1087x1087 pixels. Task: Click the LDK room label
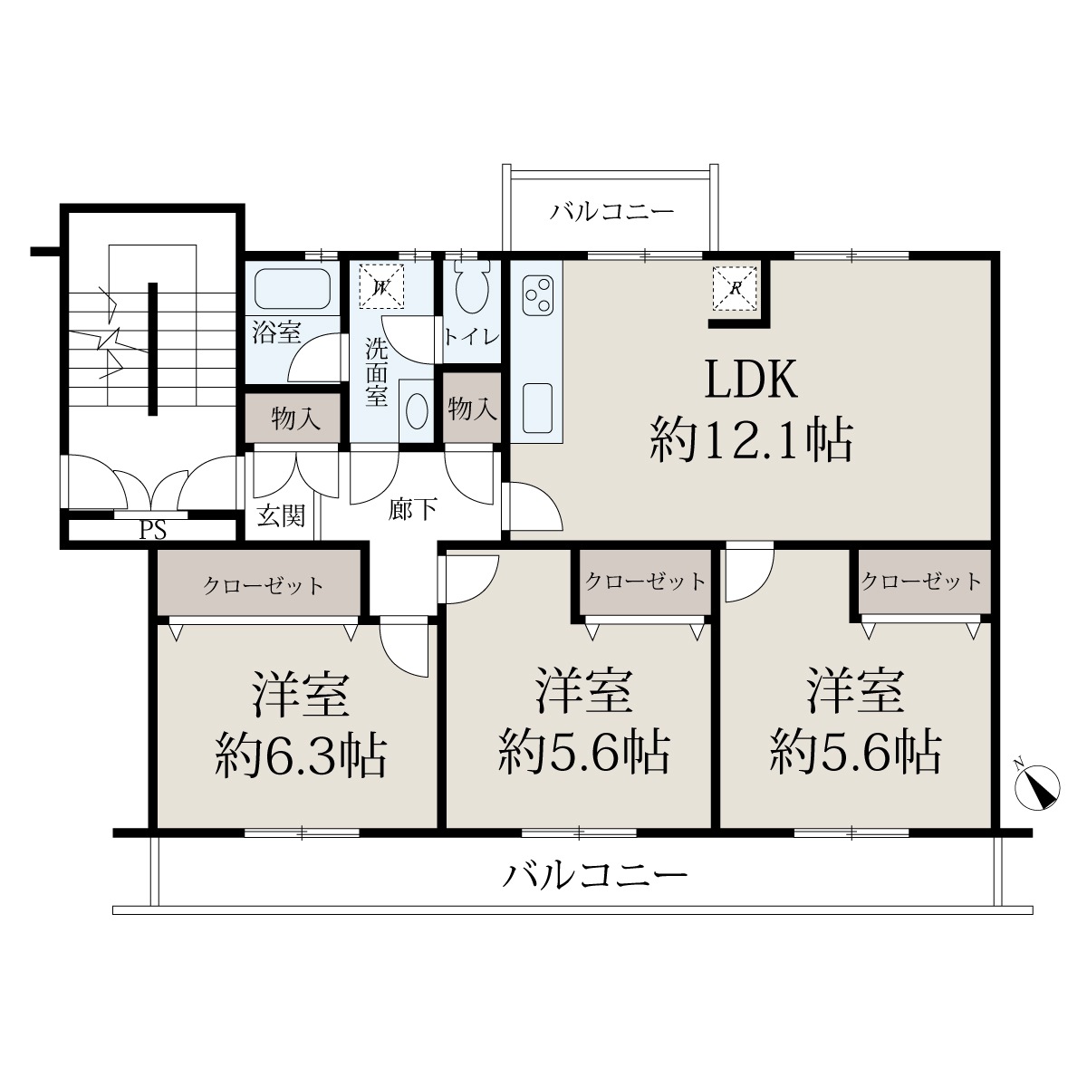pos(751,380)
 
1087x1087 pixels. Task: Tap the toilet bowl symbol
pos(472,289)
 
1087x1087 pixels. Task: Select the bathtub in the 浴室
pos(293,289)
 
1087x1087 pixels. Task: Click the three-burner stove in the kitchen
pos(537,295)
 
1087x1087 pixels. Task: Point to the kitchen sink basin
pos(537,409)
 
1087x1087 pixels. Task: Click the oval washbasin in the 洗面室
pos(417,411)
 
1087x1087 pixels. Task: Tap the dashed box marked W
pos(382,286)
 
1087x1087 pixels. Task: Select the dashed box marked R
pos(736,289)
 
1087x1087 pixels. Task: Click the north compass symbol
pos(1038,786)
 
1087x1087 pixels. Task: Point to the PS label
pos(153,530)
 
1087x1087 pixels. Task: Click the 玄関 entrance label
pos(282,515)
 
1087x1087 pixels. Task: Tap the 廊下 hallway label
pos(413,509)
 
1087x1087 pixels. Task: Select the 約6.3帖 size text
pos(301,756)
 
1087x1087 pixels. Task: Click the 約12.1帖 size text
pos(751,441)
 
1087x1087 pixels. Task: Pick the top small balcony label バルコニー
pos(612,212)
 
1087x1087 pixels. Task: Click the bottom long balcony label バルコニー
pos(596,875)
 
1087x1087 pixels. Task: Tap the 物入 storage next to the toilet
pos(472,408)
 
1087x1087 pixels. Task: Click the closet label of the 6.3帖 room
pos(263,585)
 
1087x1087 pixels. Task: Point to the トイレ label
pos(472,337)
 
